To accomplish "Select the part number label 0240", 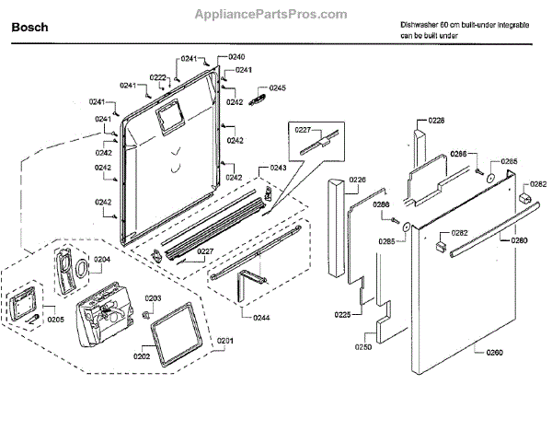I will tap(237, 57).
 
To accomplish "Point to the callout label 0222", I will tap(158, 77).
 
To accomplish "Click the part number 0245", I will tap(278, 87).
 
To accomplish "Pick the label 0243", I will tap(277, 168).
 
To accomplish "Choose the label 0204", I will tap(101, 260).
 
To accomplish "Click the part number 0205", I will tap(56, 319).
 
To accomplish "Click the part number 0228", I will tap(436, 121).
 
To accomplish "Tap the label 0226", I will tap(357, 180).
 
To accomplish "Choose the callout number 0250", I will tap(362, 347).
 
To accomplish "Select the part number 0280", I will tap(520, 240).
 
